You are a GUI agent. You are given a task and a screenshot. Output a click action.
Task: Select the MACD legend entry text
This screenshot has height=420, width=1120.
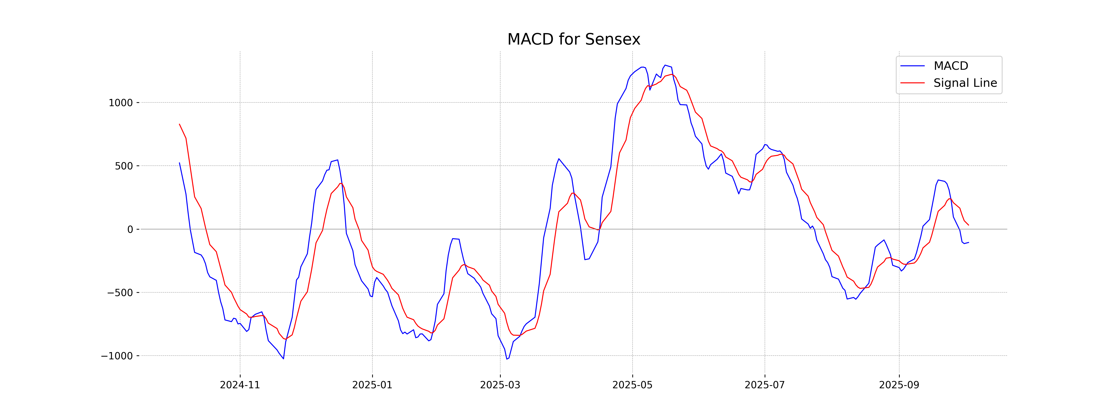951,66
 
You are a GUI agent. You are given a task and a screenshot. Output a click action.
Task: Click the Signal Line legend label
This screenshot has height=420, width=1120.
965,83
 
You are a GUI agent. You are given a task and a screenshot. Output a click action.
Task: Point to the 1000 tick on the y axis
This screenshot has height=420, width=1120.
120,103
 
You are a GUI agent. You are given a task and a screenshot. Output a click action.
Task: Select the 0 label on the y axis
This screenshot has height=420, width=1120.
130,230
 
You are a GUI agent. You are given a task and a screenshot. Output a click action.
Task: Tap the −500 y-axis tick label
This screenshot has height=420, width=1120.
120,293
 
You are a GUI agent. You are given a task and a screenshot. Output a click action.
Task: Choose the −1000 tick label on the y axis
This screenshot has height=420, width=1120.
117,356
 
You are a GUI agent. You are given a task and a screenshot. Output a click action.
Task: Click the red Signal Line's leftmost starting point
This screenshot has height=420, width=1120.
180,124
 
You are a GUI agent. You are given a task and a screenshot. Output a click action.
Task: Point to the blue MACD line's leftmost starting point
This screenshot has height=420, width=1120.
180,163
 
